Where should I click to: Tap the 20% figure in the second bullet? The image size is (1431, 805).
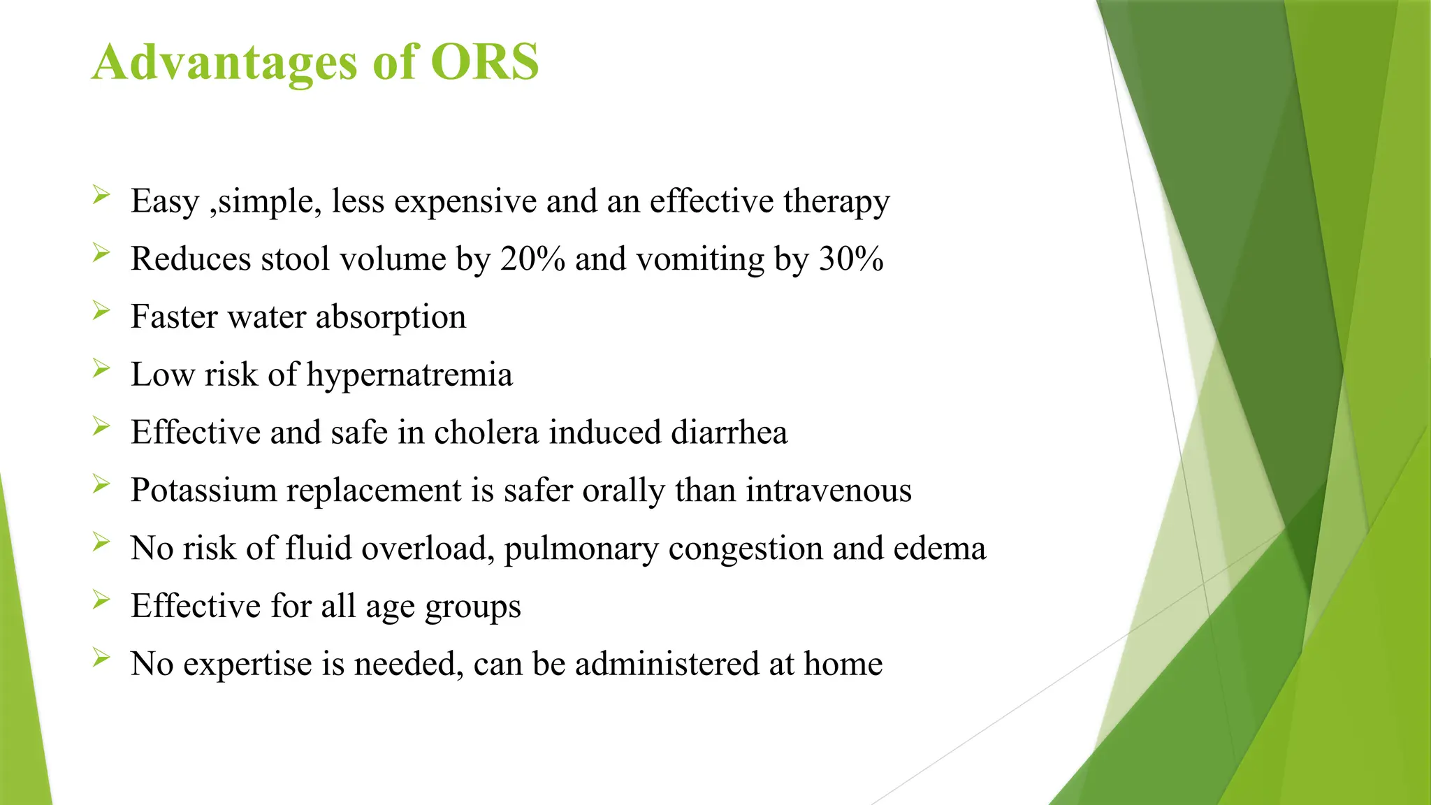click(532, 259)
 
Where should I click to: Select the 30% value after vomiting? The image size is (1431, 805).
click(851, 259)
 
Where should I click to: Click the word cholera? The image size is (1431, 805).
click(486, 432)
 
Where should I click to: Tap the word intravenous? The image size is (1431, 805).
click(828, 490)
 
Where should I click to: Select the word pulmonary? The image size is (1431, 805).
click(581, 549)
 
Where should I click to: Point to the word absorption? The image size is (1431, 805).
click(391, 318)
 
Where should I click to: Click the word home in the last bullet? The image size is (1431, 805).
click(843, 663)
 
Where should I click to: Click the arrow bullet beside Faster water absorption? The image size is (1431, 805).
click(101, 310)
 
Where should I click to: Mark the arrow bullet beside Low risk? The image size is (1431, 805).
click(101, 368)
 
